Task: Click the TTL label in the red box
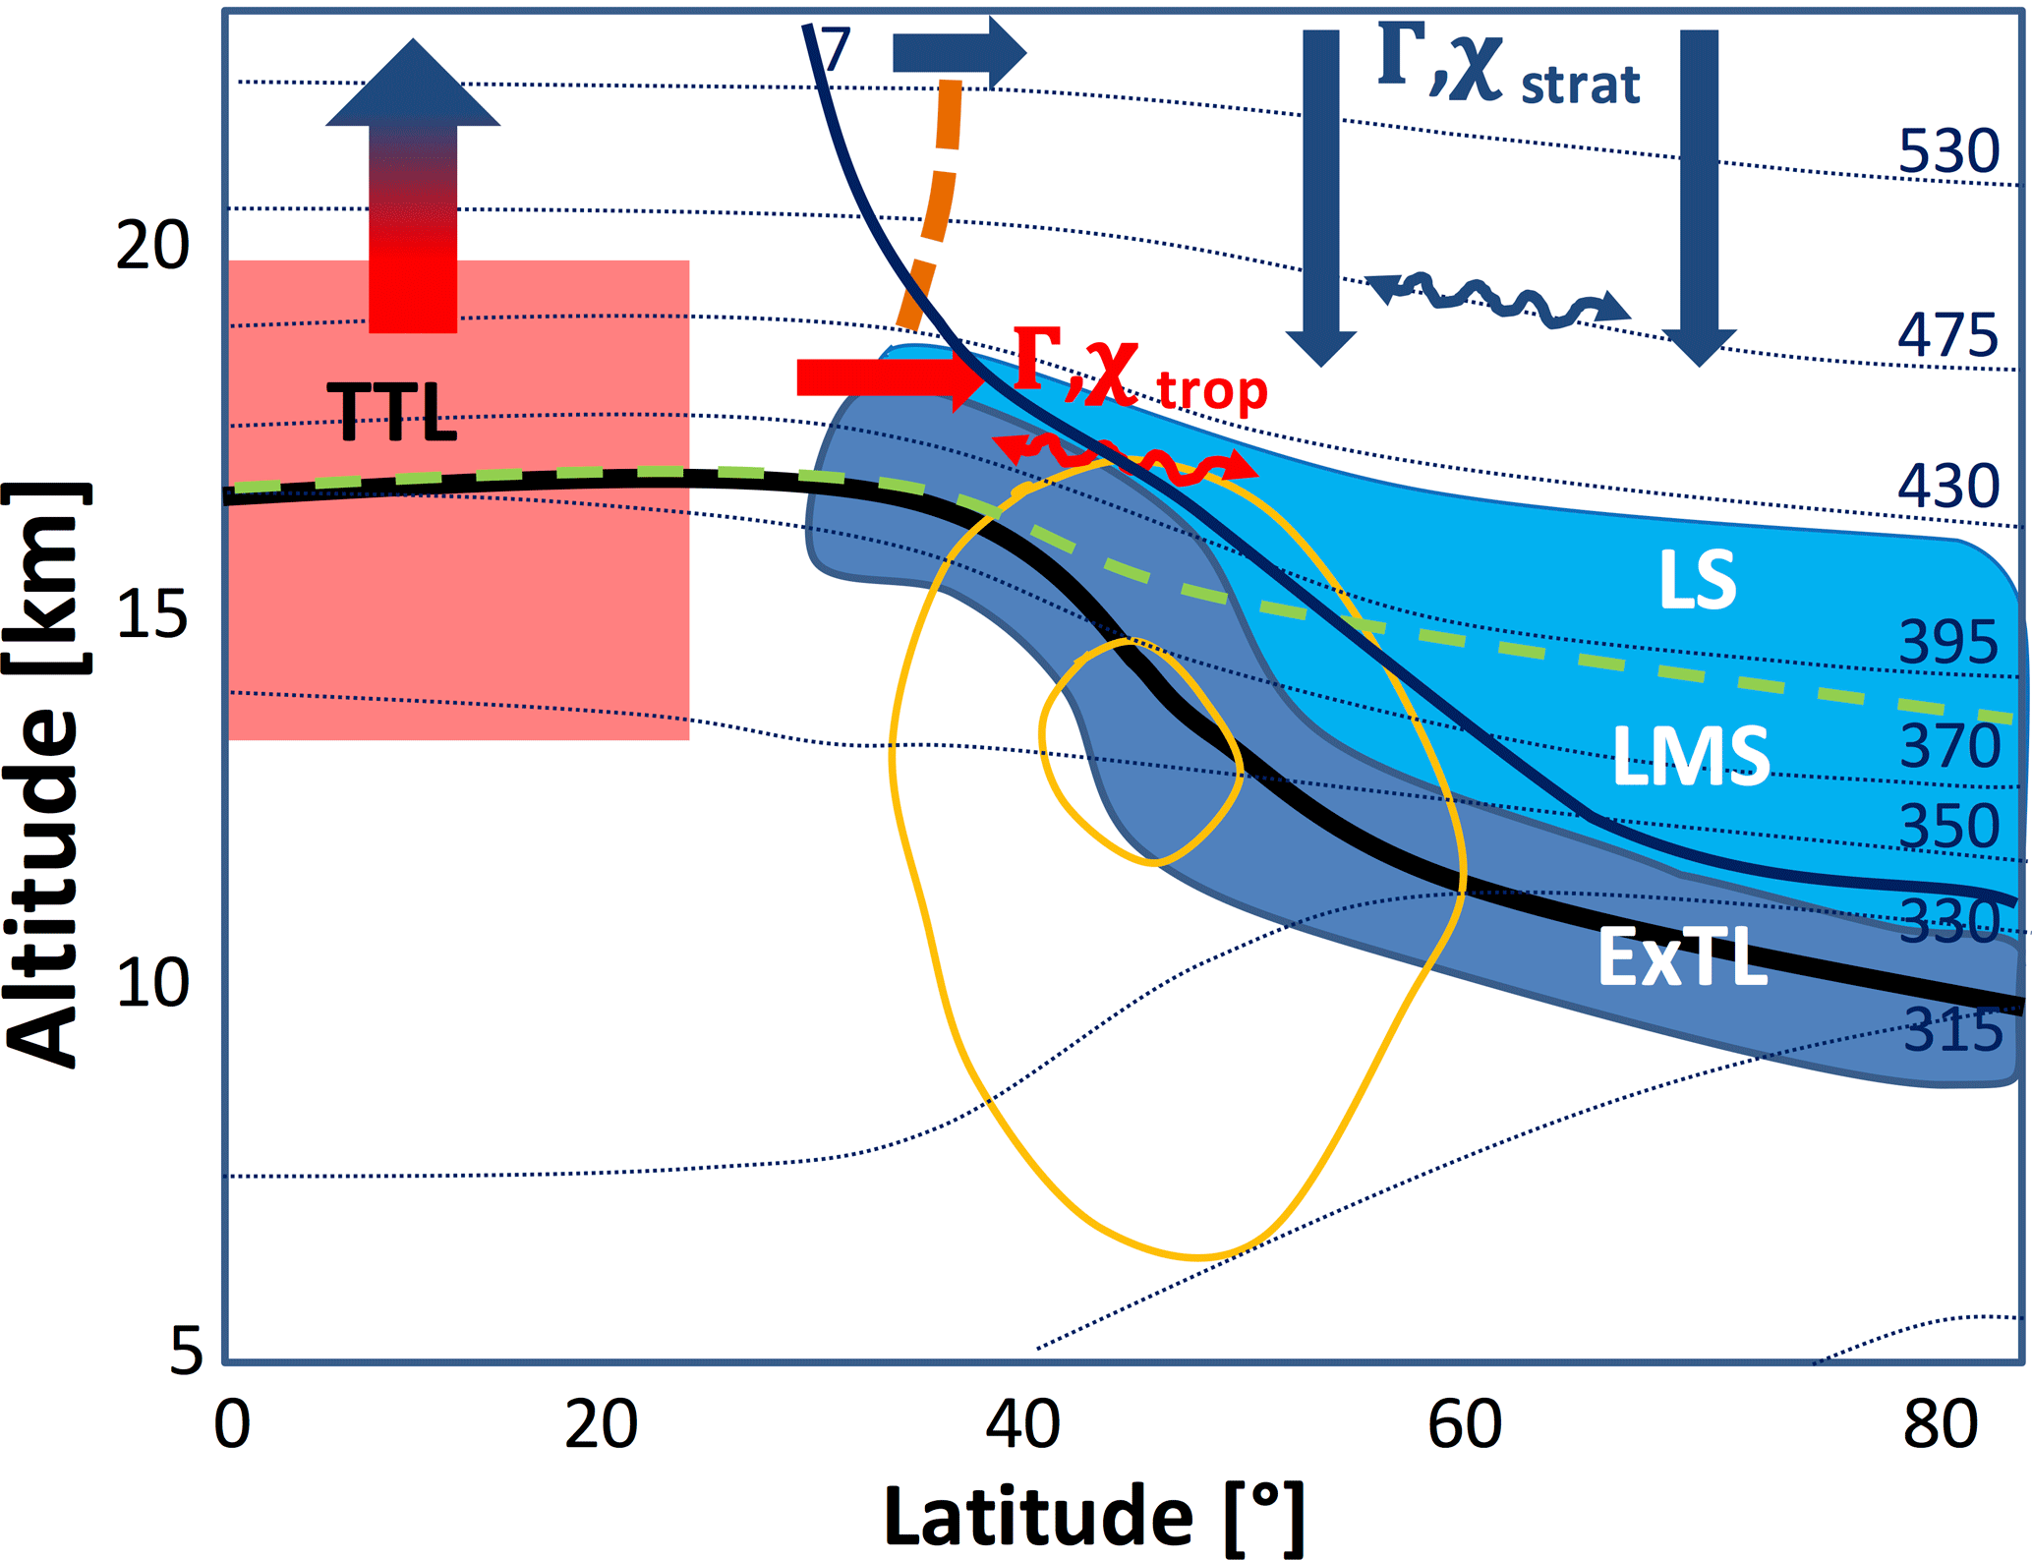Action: (x=391, y=411)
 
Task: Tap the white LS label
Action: (x=1697, y=580)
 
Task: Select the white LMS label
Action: (x=1691, y=756)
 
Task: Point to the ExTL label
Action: (x=1682, y=957)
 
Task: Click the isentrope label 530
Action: (x=1947, y=152)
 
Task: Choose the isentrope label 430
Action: (x=1947, y=487)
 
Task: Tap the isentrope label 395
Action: (x=1947, y=644)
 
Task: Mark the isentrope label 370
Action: (x=1949, y=747)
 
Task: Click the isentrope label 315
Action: (x=1952, y=1031)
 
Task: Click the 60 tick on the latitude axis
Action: (x=1464, y=1425)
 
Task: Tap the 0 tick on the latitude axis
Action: (x=232, y=1425)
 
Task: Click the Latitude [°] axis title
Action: (x=1094, y=1517)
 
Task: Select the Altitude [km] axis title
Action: (x=44, y=774)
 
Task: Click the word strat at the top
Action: (x=1580, y=85)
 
